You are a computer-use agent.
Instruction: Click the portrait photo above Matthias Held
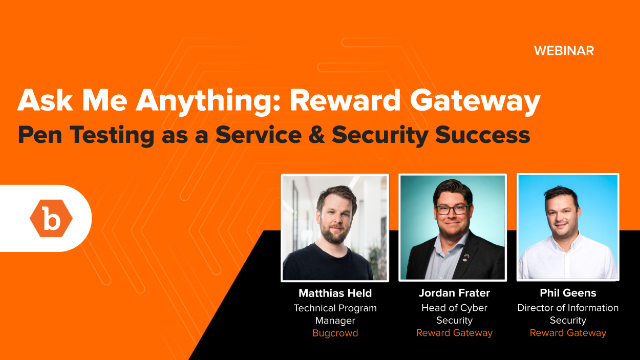[334, 227]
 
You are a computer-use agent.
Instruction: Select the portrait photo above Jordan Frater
[452, 227]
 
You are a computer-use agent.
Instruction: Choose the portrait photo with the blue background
[568, 227]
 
